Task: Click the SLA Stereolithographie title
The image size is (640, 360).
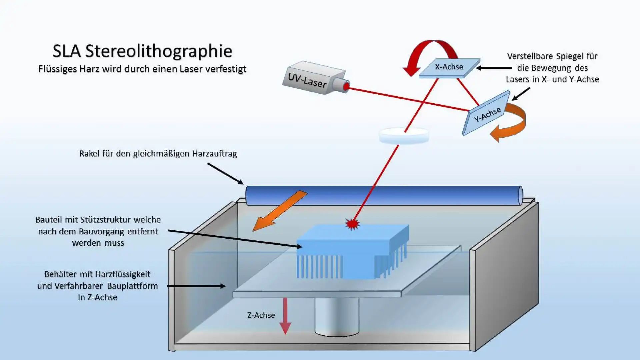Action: [142, 51]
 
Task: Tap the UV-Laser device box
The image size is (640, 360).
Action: [310, 78]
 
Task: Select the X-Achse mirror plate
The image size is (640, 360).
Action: [449, 68]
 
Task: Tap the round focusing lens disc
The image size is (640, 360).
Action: [404, 136]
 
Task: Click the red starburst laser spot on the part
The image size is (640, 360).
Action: [352, 224]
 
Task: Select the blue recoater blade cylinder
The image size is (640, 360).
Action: [383, 195]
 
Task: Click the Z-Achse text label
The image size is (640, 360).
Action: [261, 315]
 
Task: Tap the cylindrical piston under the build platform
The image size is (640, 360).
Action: [337, 317]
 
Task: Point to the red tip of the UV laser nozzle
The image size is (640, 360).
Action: [346, 87]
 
